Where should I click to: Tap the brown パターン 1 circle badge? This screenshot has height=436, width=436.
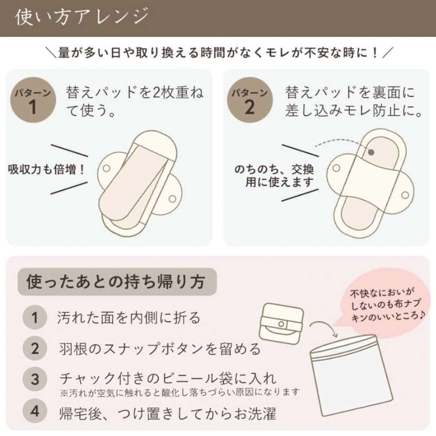[x=33, y=100]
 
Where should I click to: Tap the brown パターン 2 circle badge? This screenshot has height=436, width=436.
[x=250, y=100]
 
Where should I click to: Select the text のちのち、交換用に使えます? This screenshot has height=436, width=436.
[x=274, y=176]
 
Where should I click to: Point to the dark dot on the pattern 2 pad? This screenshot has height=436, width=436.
[x=371, y=152]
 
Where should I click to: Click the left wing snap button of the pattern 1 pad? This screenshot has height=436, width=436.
[x=106, y=168]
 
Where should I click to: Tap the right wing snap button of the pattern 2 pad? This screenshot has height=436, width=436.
[x=405, y=195]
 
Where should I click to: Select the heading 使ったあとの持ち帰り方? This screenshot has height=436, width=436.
[x=116, y=282]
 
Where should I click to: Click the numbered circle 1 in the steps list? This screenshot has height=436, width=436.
[x=34, y=317]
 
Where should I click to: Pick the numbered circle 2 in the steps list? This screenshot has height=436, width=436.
[x=34, y=348]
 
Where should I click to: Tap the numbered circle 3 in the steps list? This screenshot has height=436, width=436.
[x=34, y=379]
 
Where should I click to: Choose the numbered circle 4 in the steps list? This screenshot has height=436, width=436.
[x=34, y=411]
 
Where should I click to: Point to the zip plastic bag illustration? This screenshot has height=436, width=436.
[x=351, y=375]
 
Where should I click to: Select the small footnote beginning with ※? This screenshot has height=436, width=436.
[x=180, y=392]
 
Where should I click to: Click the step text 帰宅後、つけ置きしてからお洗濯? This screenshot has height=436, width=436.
[x=168, y=413]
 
